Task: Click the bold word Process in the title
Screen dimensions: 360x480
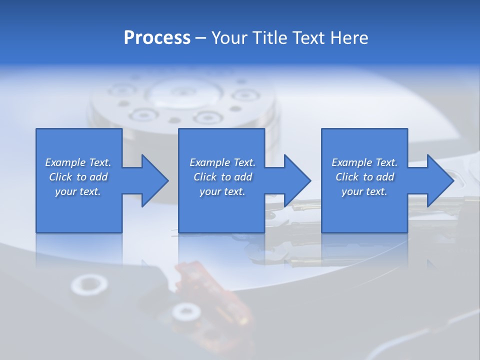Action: [157, 37]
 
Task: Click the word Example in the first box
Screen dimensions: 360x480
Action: [65, 162]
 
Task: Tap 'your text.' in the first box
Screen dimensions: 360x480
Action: [78, 191]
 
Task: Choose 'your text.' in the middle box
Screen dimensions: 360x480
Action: [222, 191]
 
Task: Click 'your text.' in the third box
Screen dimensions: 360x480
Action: [364, 191]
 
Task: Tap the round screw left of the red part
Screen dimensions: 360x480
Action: [89, 285]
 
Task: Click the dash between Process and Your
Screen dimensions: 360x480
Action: [201, 38]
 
